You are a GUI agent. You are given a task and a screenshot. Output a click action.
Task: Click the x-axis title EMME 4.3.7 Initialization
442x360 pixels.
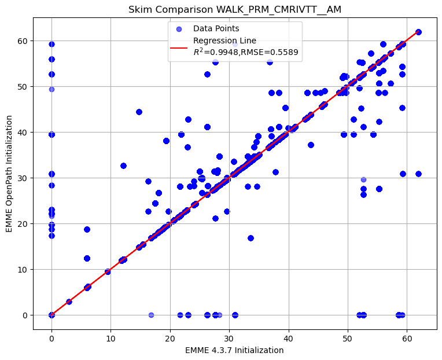(234, 350)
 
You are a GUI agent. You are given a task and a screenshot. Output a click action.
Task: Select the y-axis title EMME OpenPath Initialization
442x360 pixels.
(9, 174)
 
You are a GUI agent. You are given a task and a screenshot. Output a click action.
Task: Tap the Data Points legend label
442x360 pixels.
(216, 28)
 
